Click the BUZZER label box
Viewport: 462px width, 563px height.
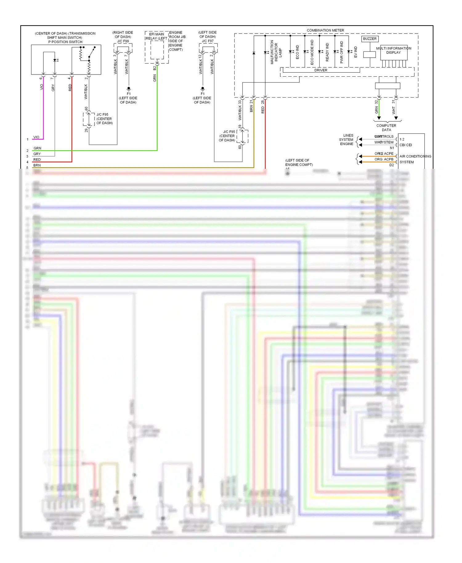coord(370,39)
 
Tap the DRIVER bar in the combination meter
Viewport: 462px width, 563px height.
coord(321,70)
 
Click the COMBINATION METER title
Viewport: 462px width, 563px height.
coord(325,30)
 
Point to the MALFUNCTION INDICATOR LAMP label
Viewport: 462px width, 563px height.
coord(276,52)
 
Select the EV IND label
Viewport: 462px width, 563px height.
coord(355,52)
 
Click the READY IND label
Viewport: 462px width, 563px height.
coord(327,52)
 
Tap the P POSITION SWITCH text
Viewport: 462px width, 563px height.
coord(65,42)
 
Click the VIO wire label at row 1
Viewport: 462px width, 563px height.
coord(36,137)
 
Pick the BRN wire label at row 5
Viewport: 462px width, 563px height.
coord(37,165)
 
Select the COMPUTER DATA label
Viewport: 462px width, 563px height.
coord(386,128)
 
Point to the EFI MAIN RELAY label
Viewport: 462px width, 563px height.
coord(156,36)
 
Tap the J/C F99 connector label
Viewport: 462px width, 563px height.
coord(123,41)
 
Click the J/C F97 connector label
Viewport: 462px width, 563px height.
coord(208,41)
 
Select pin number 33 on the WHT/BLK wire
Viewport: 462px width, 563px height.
coord(240,102)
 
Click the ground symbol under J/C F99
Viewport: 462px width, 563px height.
coord(129,89)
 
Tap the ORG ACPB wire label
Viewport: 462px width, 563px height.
coord(384,159)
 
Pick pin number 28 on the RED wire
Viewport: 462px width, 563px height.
coord(263,102)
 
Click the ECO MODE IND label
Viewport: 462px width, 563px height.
coord(312,52)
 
